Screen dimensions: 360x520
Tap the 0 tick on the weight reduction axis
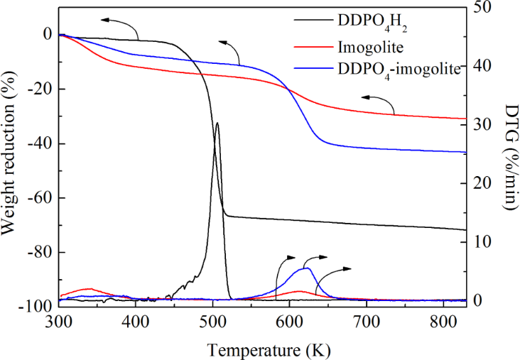point(47,34)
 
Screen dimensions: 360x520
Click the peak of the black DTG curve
point(217,123)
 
